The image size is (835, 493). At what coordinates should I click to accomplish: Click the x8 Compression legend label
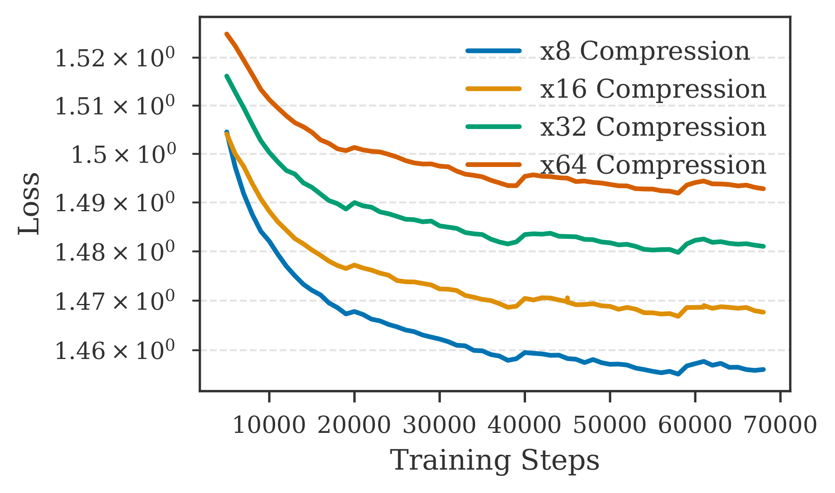(x=645, y=51)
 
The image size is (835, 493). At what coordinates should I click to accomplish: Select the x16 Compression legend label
(x=653, y=89)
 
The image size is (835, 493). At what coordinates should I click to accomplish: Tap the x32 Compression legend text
(x=653, y=127)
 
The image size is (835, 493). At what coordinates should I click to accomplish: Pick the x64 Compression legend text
(x=653, y=165)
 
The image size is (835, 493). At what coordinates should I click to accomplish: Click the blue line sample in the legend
(x=493, y=51)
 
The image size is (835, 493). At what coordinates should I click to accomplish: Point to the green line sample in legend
(x=493, y=126)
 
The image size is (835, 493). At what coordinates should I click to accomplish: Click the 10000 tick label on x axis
(x=269, y=426)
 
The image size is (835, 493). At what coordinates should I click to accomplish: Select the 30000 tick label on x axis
(x=439, y=426)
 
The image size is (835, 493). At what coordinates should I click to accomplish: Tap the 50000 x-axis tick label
(x=610, y=426)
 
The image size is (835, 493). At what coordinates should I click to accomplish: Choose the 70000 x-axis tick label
(x=780, y=426)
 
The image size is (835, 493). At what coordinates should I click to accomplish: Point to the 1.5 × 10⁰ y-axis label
(x=122, y=155)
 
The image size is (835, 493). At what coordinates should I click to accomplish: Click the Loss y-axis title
(x=29, y=204)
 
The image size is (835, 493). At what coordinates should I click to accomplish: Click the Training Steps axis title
(x=495, y=461)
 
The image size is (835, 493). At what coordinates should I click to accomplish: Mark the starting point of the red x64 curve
(x=226, y=34)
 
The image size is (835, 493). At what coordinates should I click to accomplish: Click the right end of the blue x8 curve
(x=764, y=369)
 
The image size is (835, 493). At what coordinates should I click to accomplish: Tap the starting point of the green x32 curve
(x=226, y=76)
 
